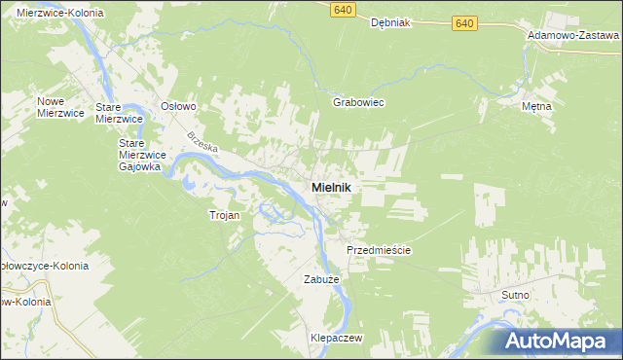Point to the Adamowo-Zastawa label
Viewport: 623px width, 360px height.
[573, 34]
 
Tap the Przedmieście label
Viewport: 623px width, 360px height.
[379, 250]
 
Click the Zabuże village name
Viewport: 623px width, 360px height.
[319, 279]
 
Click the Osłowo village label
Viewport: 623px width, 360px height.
[179, 106]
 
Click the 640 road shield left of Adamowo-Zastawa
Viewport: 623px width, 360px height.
[465, 22]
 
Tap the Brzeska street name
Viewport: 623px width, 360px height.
[204, 145]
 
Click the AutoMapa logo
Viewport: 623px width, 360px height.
[564, 341]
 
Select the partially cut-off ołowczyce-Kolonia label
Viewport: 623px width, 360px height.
[44, 265]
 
